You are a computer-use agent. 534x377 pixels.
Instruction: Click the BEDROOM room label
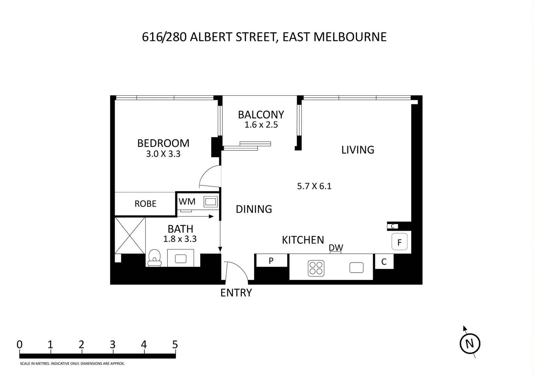[x=163, y=143]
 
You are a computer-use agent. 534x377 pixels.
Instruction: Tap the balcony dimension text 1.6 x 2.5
[x=261, y=125]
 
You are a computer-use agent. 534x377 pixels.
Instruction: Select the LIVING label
[x=357, y=150]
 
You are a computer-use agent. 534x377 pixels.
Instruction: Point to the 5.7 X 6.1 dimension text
[x=314, y=186]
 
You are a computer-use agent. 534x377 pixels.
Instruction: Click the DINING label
[x=254, y=209]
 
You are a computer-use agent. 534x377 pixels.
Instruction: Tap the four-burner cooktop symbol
[x=316, y=268]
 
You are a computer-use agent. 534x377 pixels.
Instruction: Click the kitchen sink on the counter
[x=356, y=268]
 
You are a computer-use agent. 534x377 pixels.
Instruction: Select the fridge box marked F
[x=399, y=242]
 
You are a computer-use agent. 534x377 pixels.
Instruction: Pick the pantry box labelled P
[x=271, y=260]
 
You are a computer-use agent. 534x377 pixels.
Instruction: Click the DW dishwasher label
[x=336, y=247]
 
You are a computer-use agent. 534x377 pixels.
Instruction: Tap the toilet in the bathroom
[x=154, y=258]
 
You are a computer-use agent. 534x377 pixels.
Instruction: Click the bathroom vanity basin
[x=180, y=258]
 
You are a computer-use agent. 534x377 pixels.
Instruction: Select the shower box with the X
[x=130, y=235]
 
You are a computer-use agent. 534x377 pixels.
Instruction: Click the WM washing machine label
[x=187, y=201]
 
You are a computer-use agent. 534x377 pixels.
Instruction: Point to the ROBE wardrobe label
[x=145, y=204]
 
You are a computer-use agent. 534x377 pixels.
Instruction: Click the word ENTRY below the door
[x=236, y=293]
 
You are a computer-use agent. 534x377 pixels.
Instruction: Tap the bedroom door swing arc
[x=209, y=176]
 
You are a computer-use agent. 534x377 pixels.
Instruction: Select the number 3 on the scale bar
[x=112, y=345]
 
